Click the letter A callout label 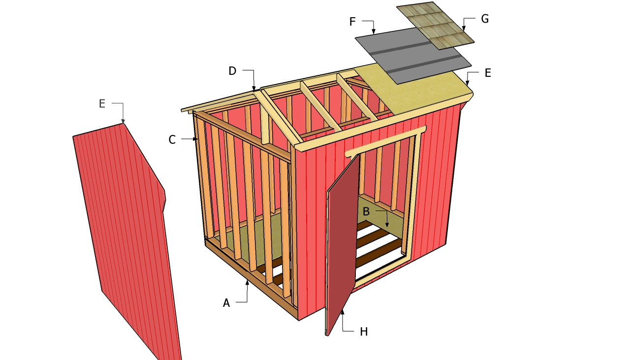[x=226, y=303]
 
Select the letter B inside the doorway [x=366, y=212]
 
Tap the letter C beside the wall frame [x=172, y=140]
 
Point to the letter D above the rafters [x=232, y=71]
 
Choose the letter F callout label [x=352, y=22]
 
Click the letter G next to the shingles [x=485, y=19]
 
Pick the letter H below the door [x=364, y=332]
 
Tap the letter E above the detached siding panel [x=102, y=103]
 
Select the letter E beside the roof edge [x=488, y=73]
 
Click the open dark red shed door [x=342, y=246]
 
